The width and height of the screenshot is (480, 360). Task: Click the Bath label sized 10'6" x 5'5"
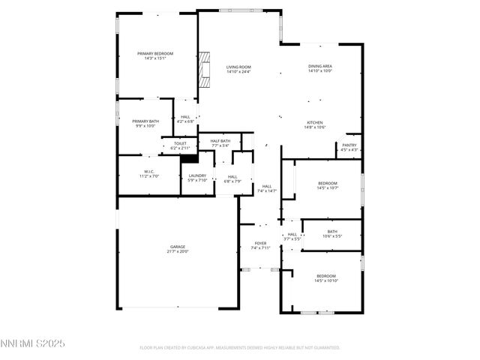(x=332, y=233)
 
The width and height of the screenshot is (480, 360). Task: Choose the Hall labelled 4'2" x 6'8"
(x=185, y=118)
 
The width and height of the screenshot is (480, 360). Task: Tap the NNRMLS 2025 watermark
(x=34, y=343)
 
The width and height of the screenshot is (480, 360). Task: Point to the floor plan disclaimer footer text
(x=240, y=347)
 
